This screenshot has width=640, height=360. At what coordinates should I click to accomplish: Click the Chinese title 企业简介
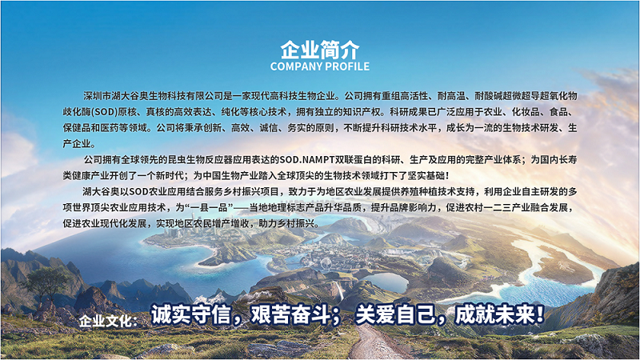319,50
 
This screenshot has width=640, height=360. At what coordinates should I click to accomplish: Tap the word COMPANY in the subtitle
296,66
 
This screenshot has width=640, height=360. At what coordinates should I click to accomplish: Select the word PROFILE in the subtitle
347,66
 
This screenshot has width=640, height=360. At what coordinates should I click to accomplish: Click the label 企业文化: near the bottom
108,322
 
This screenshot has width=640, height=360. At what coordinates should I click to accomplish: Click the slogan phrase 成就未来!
500,314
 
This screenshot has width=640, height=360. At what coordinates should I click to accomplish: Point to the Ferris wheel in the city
326,263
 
